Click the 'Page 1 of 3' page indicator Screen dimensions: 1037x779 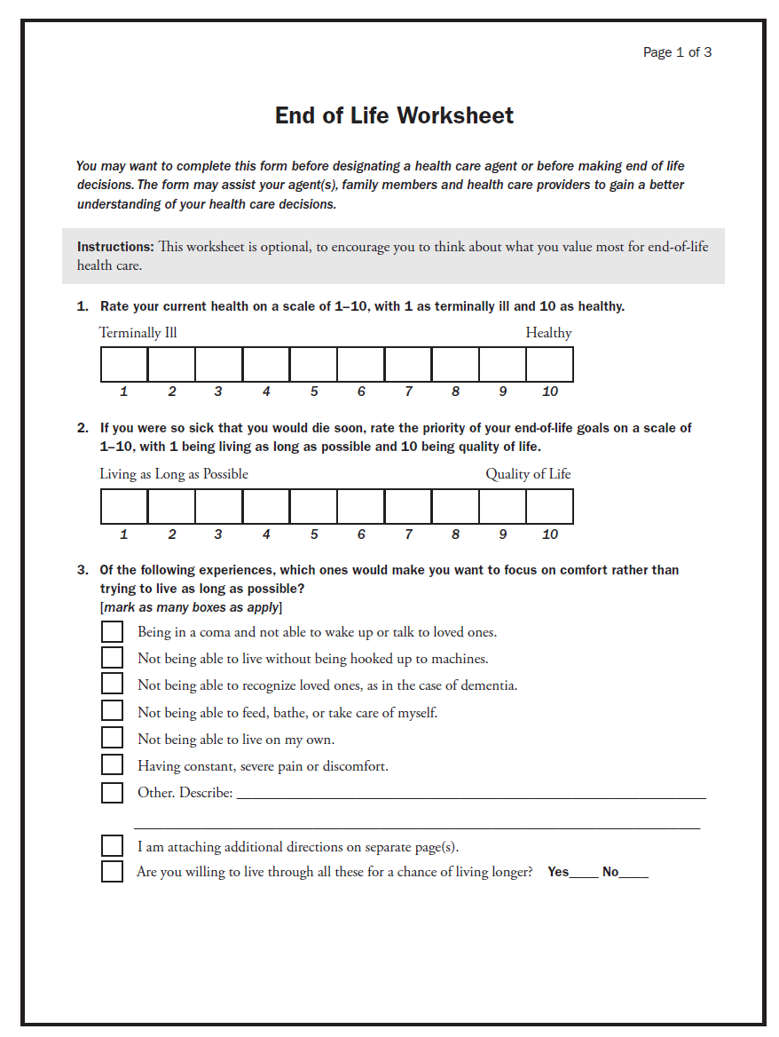pyautogui.click(x=677, y=52)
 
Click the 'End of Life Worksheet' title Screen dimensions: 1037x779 pyautogui.click(x=394, y=115)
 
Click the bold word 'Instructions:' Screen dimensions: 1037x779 pyautogui.click(x=115, y=247)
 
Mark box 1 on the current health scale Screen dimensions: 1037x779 pyautogui.click(x=124, y=365)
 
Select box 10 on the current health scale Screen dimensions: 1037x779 pyautogui.click(x=549, y=365)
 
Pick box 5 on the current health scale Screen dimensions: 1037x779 pyautogui.click(x=313, y=365)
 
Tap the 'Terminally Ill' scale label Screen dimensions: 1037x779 pyautogui.click(x=138, y=333)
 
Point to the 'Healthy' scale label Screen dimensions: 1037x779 pyautogui.click(x=548, y=333)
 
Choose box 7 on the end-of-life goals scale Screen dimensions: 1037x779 pyautogui.click(x=408, y=507)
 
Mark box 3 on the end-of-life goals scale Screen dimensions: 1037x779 pyautogui.click(x=218, y=507)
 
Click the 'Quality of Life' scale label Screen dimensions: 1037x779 pyautogui.click(x=528, y=474)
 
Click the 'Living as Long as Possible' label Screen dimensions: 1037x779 pyautogui.click(x=174, y=474)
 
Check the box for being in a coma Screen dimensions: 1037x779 pyautogui.click(x=112, y=631)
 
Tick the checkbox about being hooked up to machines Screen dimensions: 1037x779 pyautogui.click(x=112, y=658)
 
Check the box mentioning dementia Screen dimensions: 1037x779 pyautogui.click(x=112, y=684)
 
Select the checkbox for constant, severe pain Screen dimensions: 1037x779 pyautogui.click(x=112, y=764)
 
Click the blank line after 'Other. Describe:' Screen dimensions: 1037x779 pyautogui.click(x=470, y=793)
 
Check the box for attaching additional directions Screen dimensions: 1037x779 pyautogui.click(x=112, y=846)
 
